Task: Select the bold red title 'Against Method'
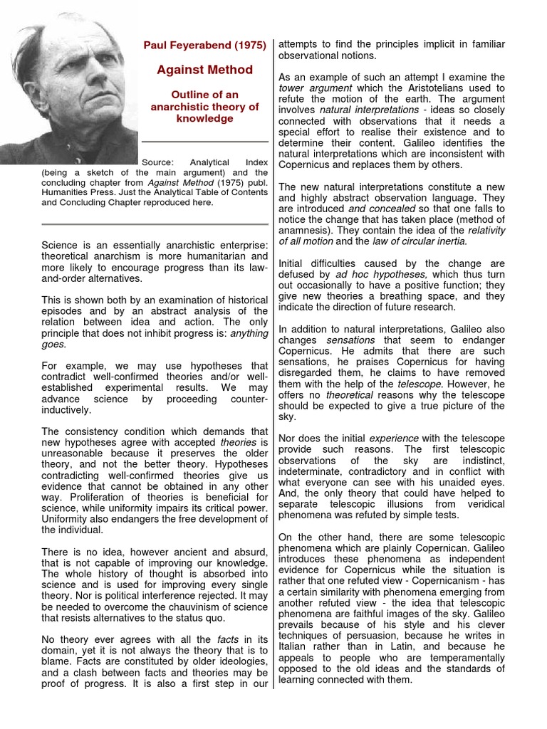tap(204, 69)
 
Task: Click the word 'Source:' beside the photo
tap(159, 162)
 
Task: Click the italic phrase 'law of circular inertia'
tap(408, 241)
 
